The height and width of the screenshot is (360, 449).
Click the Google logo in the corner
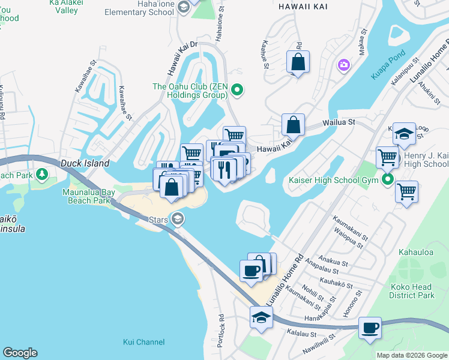pos(20,353)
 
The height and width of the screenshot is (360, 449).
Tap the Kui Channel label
pos(143,342)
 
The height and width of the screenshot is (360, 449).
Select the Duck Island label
pos(85,163)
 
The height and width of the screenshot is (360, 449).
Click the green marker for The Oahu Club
pos(237,91)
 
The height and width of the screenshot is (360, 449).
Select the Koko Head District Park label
pos(411,291)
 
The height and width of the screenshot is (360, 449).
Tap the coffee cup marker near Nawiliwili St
pos(370,328)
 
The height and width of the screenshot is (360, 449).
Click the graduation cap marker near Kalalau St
pos(262,317)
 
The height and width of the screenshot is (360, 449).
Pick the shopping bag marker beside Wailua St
pos(293,125)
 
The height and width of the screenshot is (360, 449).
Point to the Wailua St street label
pos(339,122)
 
